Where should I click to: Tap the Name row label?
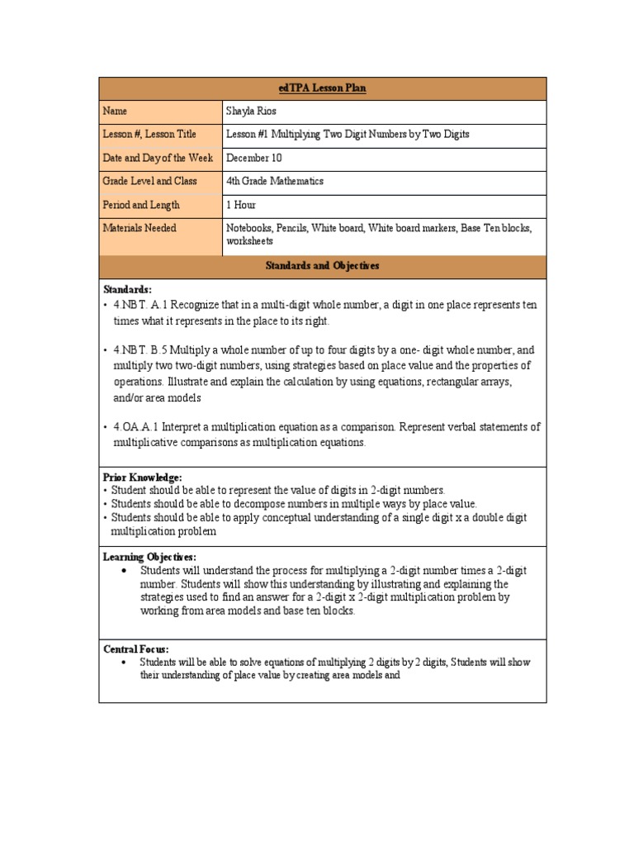(x=115, y=111)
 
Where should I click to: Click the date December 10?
(x=254, y=158)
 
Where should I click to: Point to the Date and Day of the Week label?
(x=158, y=158)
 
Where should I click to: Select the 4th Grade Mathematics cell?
(x=275, y=181)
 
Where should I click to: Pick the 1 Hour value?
(x=241, y=205)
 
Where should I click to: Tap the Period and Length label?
(x=141, y=205)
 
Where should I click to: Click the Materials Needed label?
(x=140, y=228)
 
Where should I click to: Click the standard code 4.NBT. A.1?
(x=142, y=306)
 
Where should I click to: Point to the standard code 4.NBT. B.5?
(x=142, y=349)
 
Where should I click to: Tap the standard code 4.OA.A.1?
(x=140, y=427)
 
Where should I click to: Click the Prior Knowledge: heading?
(x=142, y=478)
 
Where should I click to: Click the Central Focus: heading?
(x=135, y=649)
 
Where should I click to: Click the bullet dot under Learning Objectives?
(x=123, y=571)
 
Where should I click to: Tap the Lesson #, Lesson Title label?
(x=149, y=134)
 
